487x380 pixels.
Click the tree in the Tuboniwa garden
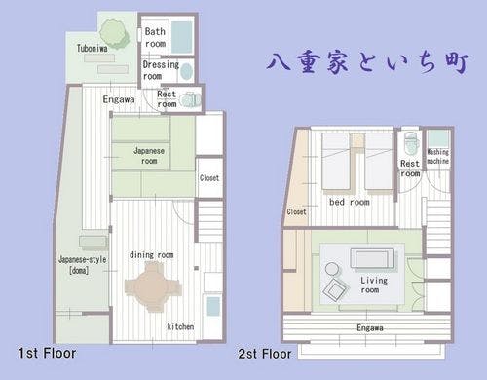[x=114, y=33]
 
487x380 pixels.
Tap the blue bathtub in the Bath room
[x=182, y=38]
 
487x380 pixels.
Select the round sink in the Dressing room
[x=186, y=72]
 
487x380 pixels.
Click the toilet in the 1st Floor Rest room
[x=191, y=100]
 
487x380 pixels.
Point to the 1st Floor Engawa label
[x=119, y=99]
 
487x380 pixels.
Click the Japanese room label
[x=149, y=156]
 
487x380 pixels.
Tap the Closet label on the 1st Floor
[x=209, y=178]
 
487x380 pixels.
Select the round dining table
[x=153, y=287]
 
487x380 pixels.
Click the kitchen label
[x=180, y=326]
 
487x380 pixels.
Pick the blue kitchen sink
[x=213, y=306]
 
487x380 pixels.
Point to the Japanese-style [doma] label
[x=83, y=265]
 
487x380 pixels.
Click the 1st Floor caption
[x=47, y=353]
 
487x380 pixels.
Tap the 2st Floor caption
[x=265, y=354]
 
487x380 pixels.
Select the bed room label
[x=350, y=202]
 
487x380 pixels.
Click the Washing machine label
[x=438, y=156]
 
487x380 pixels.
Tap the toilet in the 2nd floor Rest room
[x=410, y=143]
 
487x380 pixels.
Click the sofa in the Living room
[x=373, y=259]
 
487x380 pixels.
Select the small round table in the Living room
[x=332, y=269]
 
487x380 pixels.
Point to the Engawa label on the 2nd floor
[x=370, y=328]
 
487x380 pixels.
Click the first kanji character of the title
[x=279, y=60]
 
